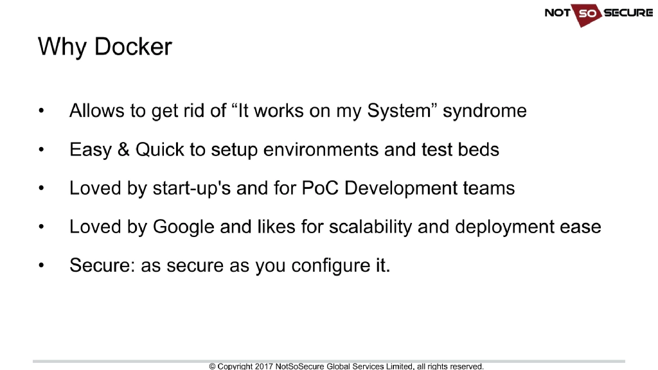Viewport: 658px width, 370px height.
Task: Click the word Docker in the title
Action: [133, 47]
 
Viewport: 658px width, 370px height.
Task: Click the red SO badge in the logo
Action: [585, 13]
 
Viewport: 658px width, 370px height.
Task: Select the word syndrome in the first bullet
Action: [485, 111]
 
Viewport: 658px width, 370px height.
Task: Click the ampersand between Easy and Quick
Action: [123, 150]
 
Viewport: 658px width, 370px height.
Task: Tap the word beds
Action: [479, 150]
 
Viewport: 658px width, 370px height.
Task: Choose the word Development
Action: [393, 188]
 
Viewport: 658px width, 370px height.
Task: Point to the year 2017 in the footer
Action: [263, 366]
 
